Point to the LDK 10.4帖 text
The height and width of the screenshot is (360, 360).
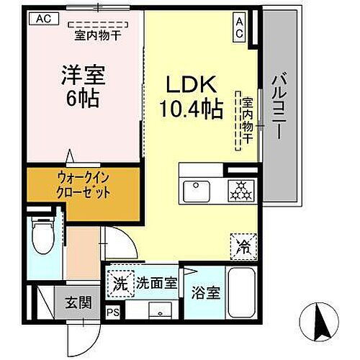click(x=191, y=97)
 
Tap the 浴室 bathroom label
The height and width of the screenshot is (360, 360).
click(x=205, y=294)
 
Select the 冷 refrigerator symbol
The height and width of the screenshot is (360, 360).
click(x=242, y=247)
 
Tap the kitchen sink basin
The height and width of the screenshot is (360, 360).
click(x=197, y=192)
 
